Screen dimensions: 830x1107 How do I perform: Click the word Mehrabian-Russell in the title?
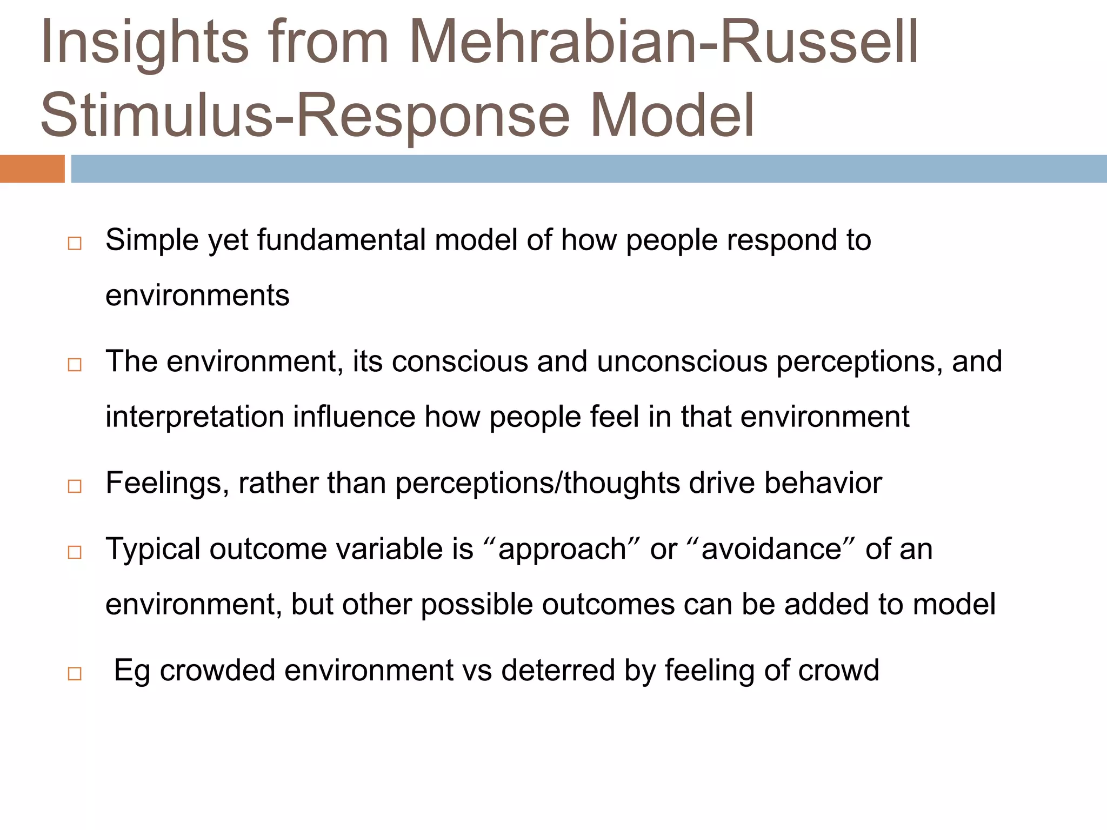[664, 42]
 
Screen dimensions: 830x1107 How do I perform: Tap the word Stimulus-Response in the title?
[305, 115]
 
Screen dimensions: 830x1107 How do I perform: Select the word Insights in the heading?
[145, 42]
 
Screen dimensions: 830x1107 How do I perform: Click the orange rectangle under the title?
[32, 169]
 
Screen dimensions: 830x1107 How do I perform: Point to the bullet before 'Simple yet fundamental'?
[75, 243]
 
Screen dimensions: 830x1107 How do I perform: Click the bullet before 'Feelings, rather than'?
[75, 486]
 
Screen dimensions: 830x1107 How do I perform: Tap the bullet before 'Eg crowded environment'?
[75, 673]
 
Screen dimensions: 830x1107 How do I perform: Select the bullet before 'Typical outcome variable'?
[75, 552]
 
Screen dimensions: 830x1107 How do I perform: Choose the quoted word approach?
[562, 549]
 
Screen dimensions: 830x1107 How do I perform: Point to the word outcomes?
[608, 604]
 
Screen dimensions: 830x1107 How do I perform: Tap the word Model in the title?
[672, 115]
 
